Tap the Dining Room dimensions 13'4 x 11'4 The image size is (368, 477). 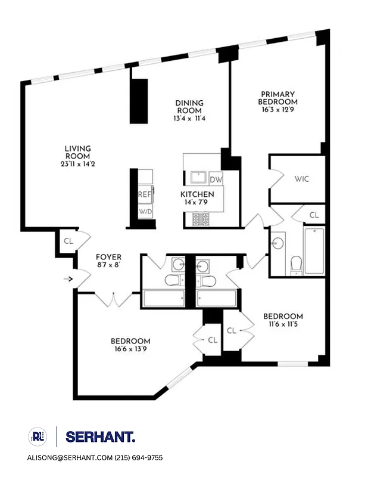click(189, 119)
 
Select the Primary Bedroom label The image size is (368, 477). click(277, 98)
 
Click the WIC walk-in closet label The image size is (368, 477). click(301, 179)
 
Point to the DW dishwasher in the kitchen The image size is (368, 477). click(216, 179)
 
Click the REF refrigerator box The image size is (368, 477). click(145, 194)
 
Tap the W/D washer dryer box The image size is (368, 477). click(145, 212)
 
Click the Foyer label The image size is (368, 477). click(108, 257)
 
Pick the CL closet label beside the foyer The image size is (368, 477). click(68, 241)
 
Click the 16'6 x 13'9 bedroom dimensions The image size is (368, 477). click(130, 349)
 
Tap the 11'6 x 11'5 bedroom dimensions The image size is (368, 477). click(283, 324)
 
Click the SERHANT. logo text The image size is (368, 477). click(100, 437)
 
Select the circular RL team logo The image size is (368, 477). click(36, 437)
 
